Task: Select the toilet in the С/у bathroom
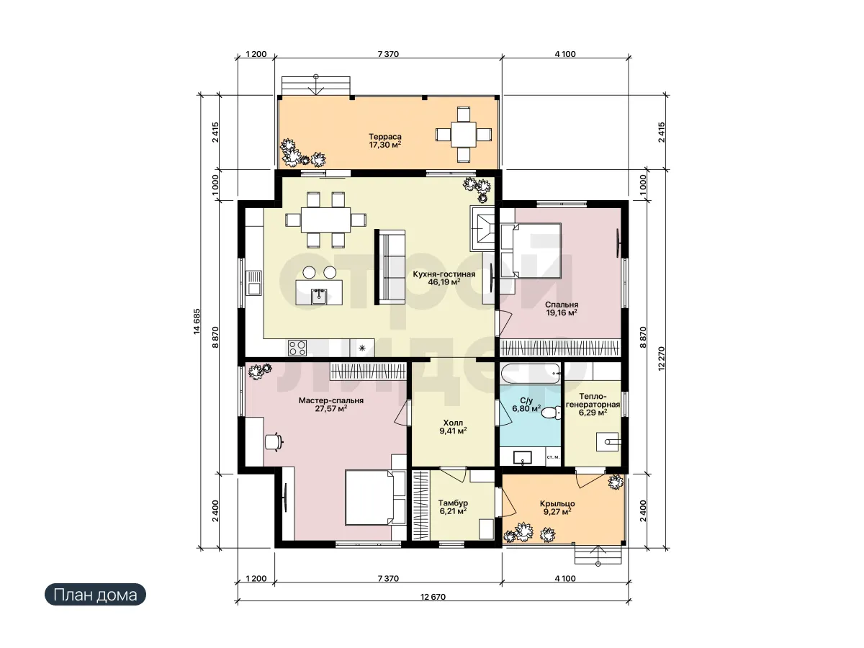[x=551, y=413]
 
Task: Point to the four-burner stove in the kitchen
[x=297, y=348]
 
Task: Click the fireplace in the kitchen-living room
[x=482, y=228]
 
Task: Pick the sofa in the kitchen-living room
[x=390, y=267]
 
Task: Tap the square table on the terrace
[x=463, y=135]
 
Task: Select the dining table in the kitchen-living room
[x=325, y=220]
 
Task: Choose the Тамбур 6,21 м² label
[x=453, y=507]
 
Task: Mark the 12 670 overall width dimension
[x=433, y=597]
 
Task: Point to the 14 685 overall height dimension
[x=197, y=321]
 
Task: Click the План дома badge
[x=95, y=595]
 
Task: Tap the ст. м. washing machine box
[x=554, y=458]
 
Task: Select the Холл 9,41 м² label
[x=453, y=427]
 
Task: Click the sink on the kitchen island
[x=319, y=297]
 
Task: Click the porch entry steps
[x=598, y=554]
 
